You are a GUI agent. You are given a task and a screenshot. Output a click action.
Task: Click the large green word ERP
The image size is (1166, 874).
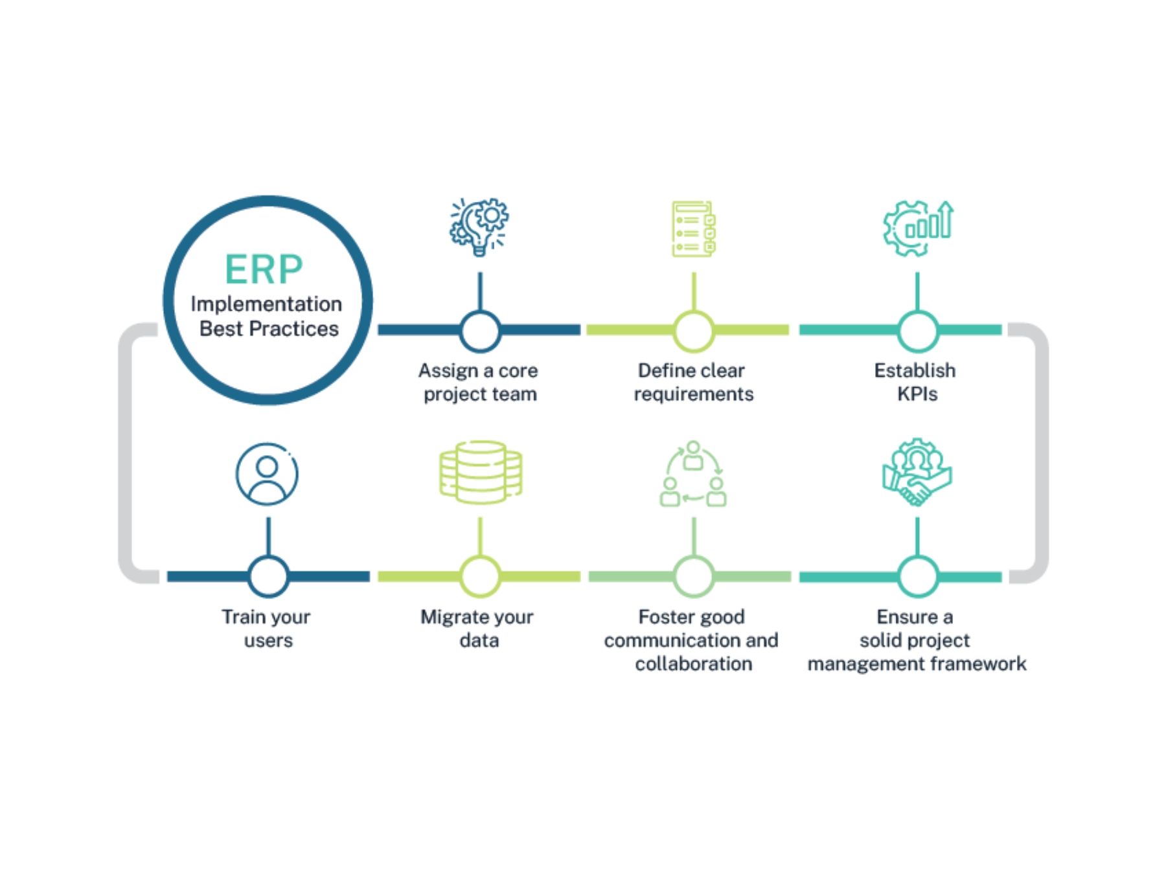[264, 269]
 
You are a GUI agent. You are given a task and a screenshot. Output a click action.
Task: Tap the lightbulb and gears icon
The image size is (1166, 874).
[479, 227]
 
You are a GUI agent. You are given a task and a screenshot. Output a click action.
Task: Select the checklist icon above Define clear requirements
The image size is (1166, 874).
[693, 229]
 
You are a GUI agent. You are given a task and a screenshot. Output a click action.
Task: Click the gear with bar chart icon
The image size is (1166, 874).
[917, 228]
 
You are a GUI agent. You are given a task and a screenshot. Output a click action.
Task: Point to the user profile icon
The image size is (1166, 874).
[267, 474]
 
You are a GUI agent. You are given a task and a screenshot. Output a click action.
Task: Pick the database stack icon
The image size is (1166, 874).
[480, 473]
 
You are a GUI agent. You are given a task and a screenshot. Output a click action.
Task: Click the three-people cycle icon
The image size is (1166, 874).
[693, 474]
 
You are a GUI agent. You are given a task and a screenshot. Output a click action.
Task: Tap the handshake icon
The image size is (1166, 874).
[917, 473]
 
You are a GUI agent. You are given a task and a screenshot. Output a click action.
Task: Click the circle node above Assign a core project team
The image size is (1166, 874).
[480, 331]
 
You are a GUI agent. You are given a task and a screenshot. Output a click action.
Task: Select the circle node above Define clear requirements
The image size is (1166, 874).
[693, 331]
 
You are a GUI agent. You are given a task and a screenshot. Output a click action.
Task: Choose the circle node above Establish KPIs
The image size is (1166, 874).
[917, 331]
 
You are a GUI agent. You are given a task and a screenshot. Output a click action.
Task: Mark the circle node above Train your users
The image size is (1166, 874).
[268, 576]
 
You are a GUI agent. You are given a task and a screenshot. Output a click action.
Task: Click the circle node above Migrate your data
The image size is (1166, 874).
[480, 576]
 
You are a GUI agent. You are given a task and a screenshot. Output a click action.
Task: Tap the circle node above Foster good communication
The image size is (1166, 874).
[693, 576]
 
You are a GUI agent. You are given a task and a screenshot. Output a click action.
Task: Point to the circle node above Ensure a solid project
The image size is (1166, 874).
[917, 576]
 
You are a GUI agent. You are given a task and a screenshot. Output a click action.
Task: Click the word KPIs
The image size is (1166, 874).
[917, 394]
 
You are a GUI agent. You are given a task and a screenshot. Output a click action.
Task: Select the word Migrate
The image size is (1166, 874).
[451, 617]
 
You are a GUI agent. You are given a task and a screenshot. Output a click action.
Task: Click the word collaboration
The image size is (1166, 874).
[693, 664]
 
